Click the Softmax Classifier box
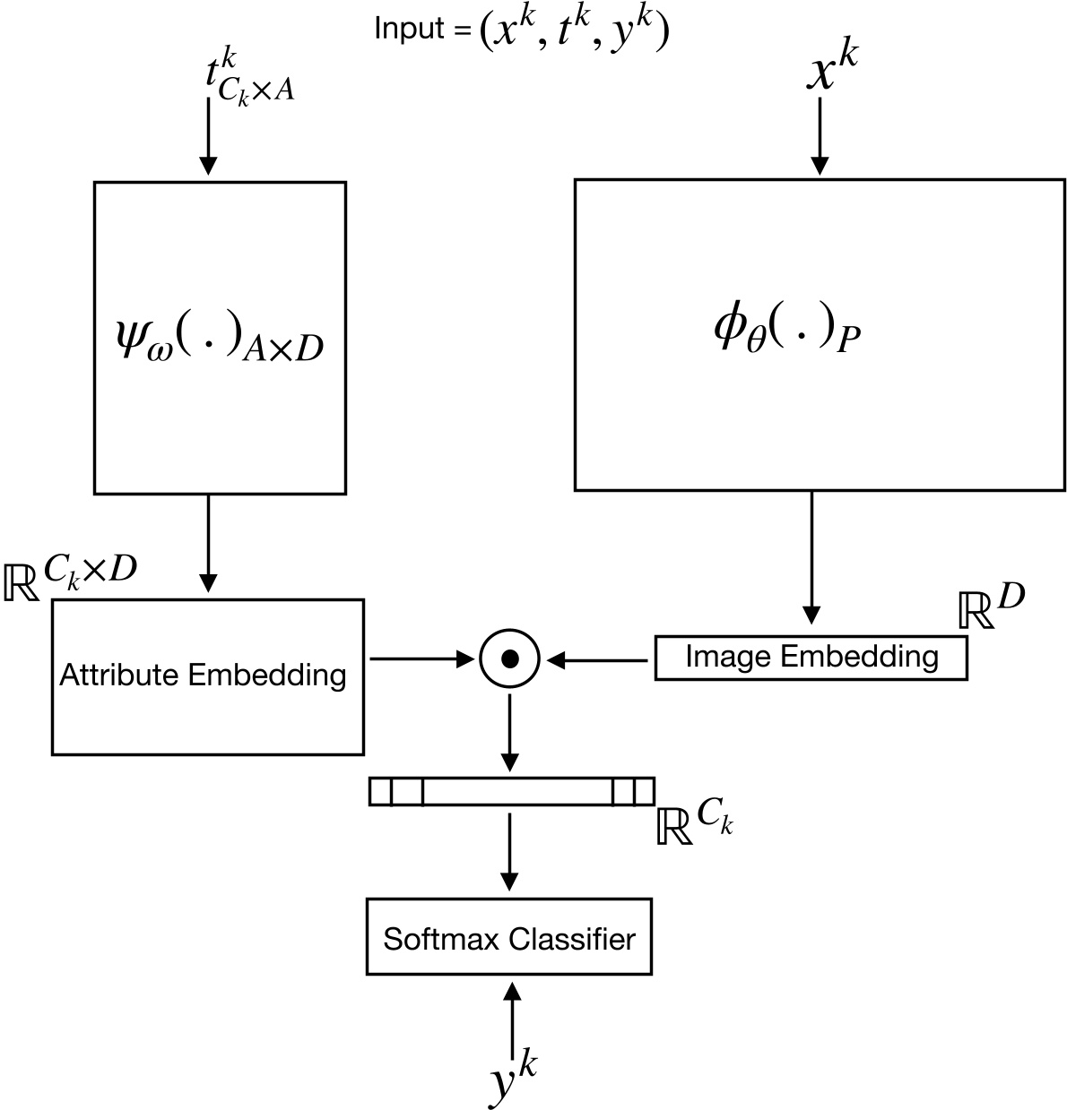(509, 938)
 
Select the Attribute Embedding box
(207, 676)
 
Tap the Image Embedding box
(811, 658)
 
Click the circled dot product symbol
(509, 660)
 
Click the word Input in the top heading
(409, 29)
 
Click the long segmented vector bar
(511, 792)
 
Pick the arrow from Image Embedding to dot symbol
(599, 660)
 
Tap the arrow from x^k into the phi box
(820, 139)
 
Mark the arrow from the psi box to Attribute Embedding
(207, 542)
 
